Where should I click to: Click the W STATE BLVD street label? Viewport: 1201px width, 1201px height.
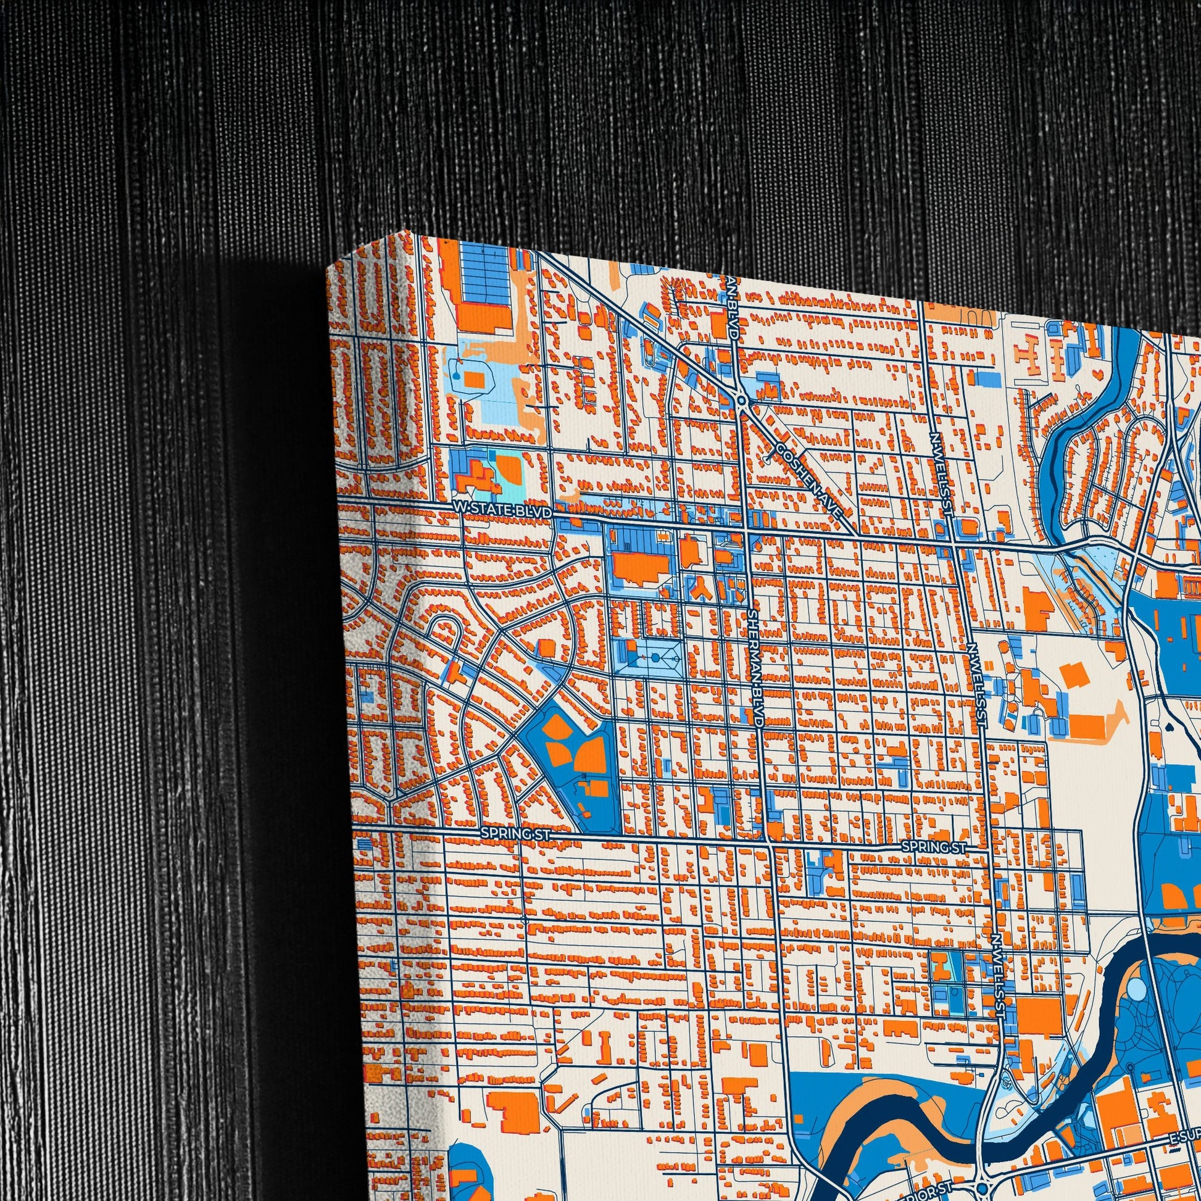click(502, 510)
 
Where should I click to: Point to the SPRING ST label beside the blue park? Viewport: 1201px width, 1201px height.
click(515, 834)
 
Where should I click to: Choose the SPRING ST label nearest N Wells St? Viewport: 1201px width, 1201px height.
click(934, 847)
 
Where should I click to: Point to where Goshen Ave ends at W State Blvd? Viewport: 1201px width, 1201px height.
click(857, 536)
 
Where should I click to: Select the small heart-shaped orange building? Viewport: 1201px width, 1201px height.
click(1099, 373)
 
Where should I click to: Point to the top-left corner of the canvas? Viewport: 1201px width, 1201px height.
click(328, 269)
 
